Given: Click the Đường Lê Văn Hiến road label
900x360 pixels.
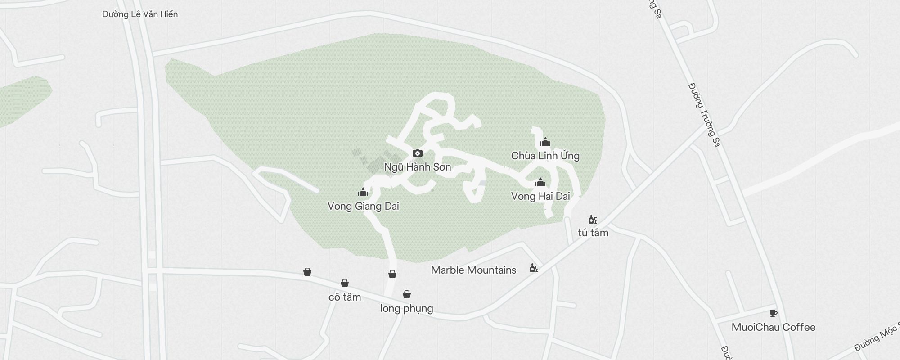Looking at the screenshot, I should [x=140, y=14].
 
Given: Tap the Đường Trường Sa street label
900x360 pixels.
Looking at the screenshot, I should [x=704, y=114].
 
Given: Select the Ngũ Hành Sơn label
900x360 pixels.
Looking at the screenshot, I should [x=417, y=167].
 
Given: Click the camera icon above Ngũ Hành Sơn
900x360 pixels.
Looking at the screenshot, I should [x=417, y=153].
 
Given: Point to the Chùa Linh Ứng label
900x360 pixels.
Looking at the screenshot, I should [x=545, y=156].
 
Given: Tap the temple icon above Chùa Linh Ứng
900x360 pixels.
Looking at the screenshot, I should [x=545, y=142].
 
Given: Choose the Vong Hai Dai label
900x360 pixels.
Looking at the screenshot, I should [x=540, y=196].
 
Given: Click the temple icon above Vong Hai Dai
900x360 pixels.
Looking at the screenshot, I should [x=540, y=182].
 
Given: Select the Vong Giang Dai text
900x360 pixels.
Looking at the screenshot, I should [x=363, y=207].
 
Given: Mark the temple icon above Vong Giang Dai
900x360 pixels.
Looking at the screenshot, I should [x=363, y=193].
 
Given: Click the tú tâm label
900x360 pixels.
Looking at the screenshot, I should [x=593, y=233].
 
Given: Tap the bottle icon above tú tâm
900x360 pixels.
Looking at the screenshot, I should [x=593, y=219].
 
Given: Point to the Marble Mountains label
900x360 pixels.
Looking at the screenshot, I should [x=473, y=270].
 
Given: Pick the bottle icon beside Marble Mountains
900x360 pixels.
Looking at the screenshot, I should [x=534, y=268].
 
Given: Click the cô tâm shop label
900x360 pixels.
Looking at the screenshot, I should [x=345, y=297].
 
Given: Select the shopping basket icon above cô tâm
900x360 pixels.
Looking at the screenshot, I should [x=345, y=283].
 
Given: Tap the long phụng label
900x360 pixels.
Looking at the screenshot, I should [x=407, y=309].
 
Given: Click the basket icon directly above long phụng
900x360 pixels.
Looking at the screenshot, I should [x=407, y=294].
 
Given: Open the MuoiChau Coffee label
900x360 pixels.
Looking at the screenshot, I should [x=774, y=327].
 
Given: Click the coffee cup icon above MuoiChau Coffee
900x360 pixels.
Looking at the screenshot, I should [x=774, y=313].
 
